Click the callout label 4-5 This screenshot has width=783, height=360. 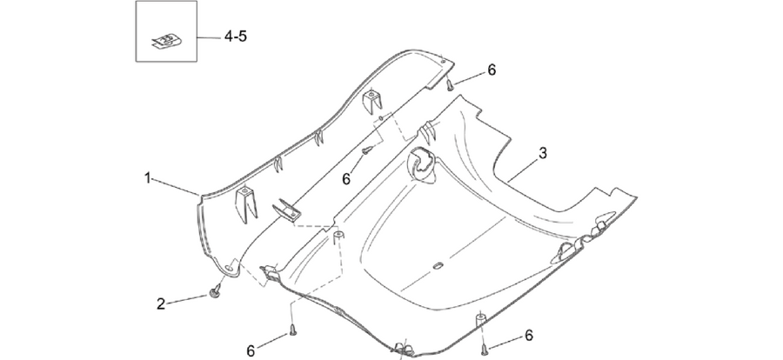235,37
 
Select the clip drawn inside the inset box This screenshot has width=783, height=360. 166,42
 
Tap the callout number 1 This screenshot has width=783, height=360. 148,177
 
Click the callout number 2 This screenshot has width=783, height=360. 161,303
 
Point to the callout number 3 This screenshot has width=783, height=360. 543,153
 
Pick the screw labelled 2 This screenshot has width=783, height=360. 216,292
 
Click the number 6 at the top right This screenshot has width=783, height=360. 492,70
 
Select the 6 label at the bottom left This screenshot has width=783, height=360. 251,351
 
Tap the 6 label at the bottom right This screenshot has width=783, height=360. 529,335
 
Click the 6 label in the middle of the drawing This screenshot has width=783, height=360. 346,179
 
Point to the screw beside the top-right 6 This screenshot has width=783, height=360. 450,86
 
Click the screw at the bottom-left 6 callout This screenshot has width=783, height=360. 292,330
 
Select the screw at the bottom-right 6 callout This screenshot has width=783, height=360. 484,350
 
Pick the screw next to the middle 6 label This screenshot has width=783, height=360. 367,150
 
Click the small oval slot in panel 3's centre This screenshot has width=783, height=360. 438,265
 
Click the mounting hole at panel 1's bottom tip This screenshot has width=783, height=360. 229,268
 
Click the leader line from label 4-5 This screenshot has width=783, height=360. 208,37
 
